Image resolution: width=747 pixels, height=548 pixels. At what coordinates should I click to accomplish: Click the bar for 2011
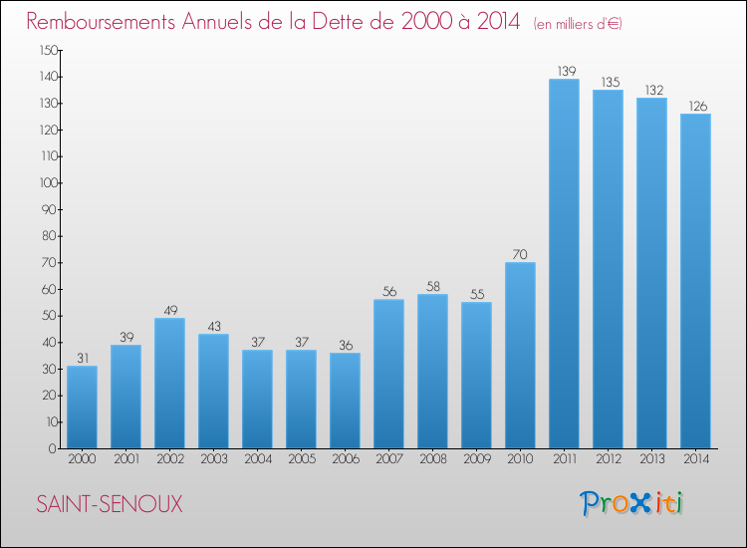564,263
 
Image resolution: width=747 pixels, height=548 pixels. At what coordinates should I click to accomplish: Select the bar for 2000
82,407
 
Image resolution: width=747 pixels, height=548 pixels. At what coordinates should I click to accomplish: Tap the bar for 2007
388,374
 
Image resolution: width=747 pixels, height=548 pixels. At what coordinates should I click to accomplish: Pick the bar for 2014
695,281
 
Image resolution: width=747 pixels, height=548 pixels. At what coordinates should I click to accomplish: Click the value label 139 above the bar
567,71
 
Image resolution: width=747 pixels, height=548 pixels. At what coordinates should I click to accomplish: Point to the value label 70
520,254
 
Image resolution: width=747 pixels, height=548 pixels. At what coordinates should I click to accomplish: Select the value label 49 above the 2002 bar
170,310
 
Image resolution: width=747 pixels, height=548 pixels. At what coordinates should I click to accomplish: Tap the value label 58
433,286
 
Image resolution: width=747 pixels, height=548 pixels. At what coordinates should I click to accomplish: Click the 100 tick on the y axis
49,183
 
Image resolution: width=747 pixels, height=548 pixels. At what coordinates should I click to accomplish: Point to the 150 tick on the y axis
49,50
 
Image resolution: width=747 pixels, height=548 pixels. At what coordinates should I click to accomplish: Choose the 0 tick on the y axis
53,448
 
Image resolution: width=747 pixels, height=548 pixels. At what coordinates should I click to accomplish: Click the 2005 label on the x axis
302,459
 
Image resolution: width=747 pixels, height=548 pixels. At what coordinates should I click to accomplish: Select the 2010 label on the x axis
520,459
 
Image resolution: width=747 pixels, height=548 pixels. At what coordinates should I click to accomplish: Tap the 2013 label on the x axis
651,459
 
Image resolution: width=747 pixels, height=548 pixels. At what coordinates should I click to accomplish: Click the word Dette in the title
349,22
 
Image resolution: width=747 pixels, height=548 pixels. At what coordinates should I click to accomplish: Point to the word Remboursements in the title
101,22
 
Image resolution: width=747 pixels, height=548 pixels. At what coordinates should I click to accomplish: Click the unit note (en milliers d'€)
578,24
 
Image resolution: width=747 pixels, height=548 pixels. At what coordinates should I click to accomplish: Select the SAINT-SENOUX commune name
110,504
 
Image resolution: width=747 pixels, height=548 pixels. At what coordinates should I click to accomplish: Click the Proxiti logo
631,503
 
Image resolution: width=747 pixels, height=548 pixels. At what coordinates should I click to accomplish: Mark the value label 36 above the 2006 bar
346,345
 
